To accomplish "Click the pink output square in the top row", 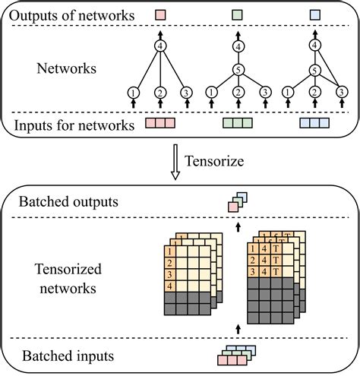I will pyautogui.click(x=159, y=14).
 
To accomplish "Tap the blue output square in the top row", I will pyautogui.click(x=314, y=14).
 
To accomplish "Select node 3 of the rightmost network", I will pyautogui.click(x=341, y=93).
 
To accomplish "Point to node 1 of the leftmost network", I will pyautogui.click(x=134, y=93).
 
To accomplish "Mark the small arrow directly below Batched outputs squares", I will pyautogui.click(x=237, y=226).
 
